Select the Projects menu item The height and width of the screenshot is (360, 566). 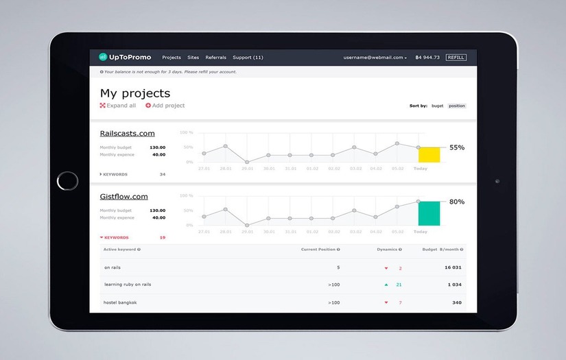point(172,58)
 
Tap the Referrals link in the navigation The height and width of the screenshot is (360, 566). point(215,58)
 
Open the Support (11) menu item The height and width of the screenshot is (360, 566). point(248,58)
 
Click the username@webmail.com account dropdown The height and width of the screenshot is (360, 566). point(375,58)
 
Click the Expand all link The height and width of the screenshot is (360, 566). point(118,106)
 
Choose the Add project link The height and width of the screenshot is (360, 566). point(165,106)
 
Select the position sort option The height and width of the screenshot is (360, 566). point(457,106)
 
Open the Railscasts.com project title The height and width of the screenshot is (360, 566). point(128,133)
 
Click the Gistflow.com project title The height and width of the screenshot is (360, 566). point(124,196)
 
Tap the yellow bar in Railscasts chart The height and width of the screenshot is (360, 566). point(429,154)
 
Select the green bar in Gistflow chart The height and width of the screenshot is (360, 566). point(429,213)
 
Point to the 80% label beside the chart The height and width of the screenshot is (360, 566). point(457,202)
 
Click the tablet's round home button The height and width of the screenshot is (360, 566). point(67,181)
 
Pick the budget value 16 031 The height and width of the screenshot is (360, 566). point(453,267)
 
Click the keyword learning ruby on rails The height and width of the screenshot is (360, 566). point(128,284)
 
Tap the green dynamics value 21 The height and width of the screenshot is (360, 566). point(399,284)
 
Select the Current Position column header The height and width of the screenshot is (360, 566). point(320,250)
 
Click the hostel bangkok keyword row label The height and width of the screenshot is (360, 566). point(119,302)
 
